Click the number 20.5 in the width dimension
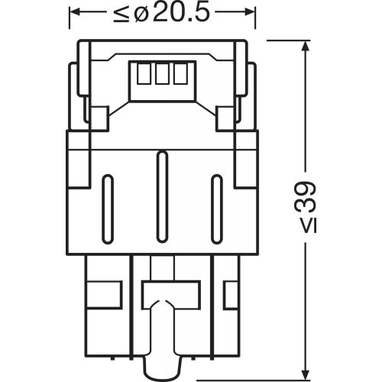click(181, 13)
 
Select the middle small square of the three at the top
click(160, 73)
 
